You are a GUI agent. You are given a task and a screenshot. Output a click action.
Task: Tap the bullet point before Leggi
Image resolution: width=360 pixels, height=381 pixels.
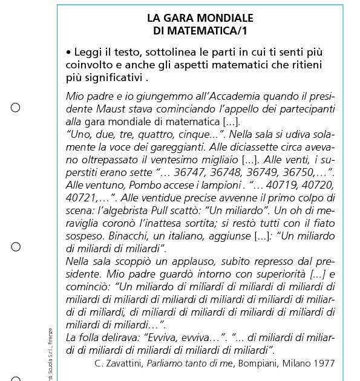coord(69,53)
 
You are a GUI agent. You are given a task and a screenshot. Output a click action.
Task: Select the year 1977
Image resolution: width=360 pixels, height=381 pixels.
coord(324,363)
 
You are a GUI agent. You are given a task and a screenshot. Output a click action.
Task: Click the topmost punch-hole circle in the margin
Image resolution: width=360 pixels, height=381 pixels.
coord(16,108)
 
